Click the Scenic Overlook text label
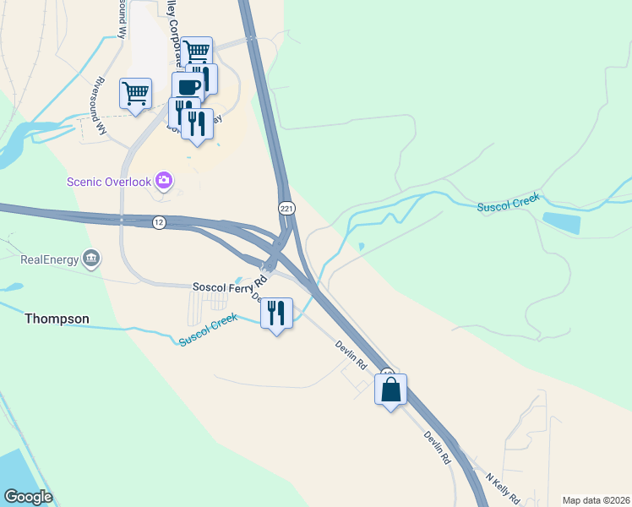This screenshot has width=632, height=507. click(x=109, y=182)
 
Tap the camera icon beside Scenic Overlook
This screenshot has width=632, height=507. click(x=163, y=180)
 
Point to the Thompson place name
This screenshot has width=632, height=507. click(x=57, y=319)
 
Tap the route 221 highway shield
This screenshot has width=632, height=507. click(x=286, y=208)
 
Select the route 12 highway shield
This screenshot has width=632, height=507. click(x=158, y=222)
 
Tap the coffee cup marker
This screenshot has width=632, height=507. click(x=188, y=86)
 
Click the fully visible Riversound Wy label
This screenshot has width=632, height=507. click(x=100, y=106)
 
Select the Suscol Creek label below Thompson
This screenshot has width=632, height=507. click(x=208, y=330)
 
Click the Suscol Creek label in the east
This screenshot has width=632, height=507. click(x=507, y=204)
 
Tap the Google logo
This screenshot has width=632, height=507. click(x=28, y=497)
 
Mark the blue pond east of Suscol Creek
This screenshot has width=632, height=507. click(x=562, y=221)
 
